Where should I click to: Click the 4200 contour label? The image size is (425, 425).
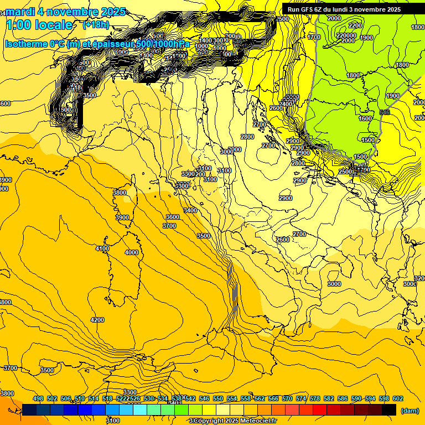pyautogui.click(x=97, y=320)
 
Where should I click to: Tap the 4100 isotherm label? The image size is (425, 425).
pyautogui.click(x=102, y=249)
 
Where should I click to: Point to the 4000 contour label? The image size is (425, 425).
pyautogui.click(x=132, y=252)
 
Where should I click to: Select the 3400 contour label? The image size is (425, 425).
pyautogui.click(x=190, y=211)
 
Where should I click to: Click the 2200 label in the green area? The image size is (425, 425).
pyautogui.click(x=355, y=25)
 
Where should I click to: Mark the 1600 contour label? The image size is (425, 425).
pyautogui.click(x=365, y=118)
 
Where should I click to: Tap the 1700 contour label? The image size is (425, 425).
pyautogui.click(x=314, y=37)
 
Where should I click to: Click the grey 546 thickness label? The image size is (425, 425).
pyautogui.click(x=385, y=112)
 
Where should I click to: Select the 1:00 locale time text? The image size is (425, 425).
pyautogui.click(x=39, y=25)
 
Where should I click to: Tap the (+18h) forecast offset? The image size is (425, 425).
pyautogui.click(x=96, y=25)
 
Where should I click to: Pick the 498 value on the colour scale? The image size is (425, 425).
pyautogui.click(x=38, y=398)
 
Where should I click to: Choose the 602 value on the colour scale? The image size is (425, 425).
pyautogui.click(x=398, y=398)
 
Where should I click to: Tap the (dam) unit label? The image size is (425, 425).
pyautogui.click(x=410, y=410)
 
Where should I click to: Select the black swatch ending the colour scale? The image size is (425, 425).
pyautogui.click(x=389, y=410)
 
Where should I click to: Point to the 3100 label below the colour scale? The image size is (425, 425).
pyautogui.click(x=113, y=421)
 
